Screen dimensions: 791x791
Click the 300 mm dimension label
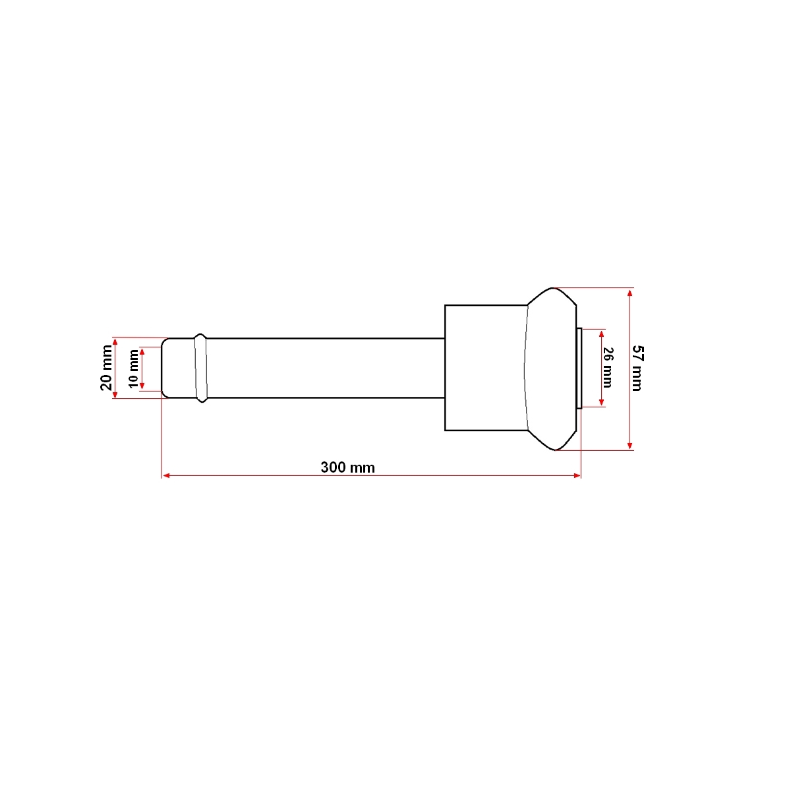pyautogui.click(x=347, y=467)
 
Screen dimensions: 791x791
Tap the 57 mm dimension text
pyautogui.click(x=637, y=368)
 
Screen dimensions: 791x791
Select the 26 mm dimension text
pyautogui.click(x=608, y=368)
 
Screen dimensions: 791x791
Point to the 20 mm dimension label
pyautogui.click(x=106, y=368)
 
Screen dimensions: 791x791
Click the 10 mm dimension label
pyautogui.click(x=133, y=368)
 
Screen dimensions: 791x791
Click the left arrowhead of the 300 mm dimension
pyautogui.click(x=166, y=476)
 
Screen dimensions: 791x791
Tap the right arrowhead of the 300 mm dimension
pyautogui.click(x=577, y=476)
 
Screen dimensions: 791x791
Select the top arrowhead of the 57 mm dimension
pyautogui.click(x=630, y=293)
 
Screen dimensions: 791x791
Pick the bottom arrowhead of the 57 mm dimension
pyautogui.click(x=630, y=446)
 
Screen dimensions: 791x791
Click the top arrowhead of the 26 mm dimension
pyautogui.click(x=601, y=334)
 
